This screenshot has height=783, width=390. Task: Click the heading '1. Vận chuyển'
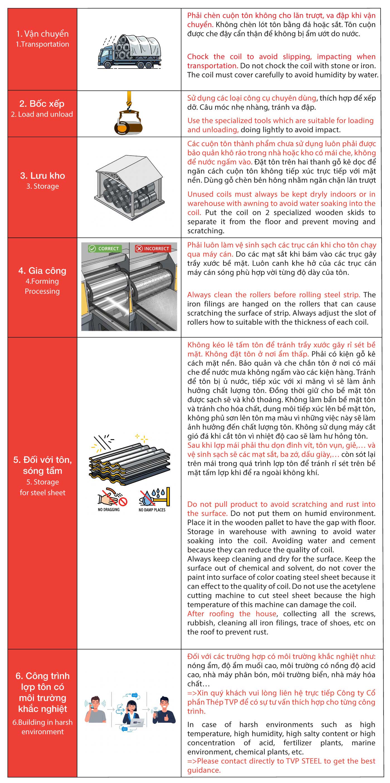point(42,33)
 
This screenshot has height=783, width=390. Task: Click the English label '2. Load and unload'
point(42,114)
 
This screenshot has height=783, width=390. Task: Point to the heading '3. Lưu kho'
point(43,175)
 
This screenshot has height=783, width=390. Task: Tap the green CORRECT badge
point(104,248)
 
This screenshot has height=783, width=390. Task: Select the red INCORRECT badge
point(152,248)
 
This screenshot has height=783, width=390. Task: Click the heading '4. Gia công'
point(42,271)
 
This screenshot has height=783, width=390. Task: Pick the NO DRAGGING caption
point(109,510)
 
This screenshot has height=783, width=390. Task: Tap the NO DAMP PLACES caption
point(152,510)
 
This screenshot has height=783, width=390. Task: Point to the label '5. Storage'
point(43,482)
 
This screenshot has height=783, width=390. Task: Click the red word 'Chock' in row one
point(198,57)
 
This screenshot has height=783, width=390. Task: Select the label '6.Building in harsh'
point(43,722)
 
